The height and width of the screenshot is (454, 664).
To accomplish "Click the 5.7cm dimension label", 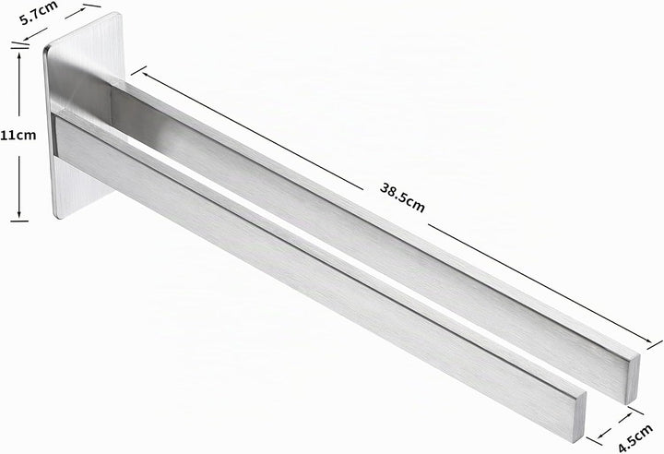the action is tap(39, 13).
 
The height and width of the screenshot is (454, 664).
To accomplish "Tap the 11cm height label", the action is tap(18, 136).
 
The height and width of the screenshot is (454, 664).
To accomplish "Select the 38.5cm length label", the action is tap(402, 197).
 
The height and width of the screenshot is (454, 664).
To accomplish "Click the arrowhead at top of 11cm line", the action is tap(19, 55).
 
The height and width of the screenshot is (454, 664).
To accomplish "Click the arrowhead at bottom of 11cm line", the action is tap(19, 214).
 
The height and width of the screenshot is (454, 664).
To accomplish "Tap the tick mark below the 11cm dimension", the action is tap(19, 221).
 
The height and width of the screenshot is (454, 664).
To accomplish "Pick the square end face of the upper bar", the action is tap(632, 377).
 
